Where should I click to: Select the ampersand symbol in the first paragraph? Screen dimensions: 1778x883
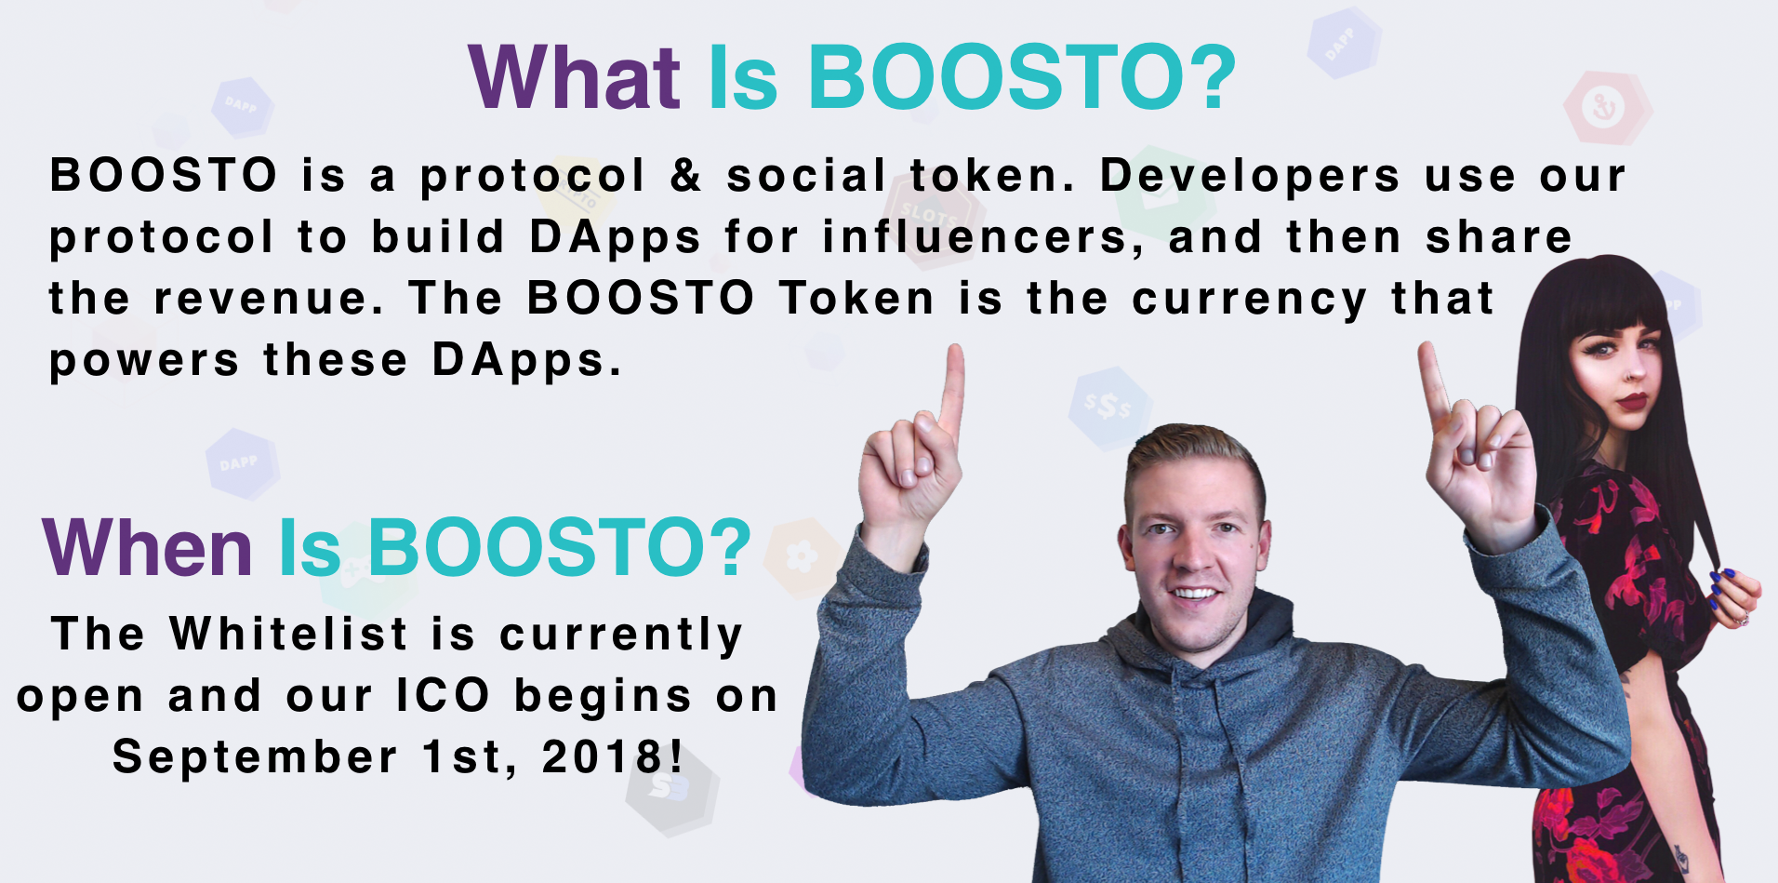[685, 175]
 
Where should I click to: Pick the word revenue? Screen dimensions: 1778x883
[269, 300]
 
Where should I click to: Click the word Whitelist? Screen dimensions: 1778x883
[288, 634]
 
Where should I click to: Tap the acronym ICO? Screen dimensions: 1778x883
[443, 695]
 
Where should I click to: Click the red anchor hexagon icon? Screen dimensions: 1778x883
[1604, 108]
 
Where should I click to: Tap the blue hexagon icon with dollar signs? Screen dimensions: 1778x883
[1109, 408]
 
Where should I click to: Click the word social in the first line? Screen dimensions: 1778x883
[806, 176]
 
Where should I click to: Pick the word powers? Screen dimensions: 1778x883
[144, 361]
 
